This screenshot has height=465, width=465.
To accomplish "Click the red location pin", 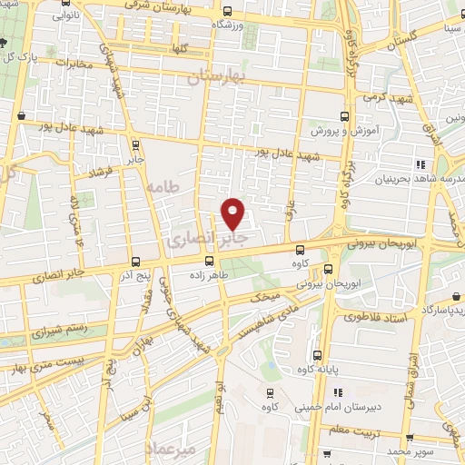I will click(233, 212).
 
